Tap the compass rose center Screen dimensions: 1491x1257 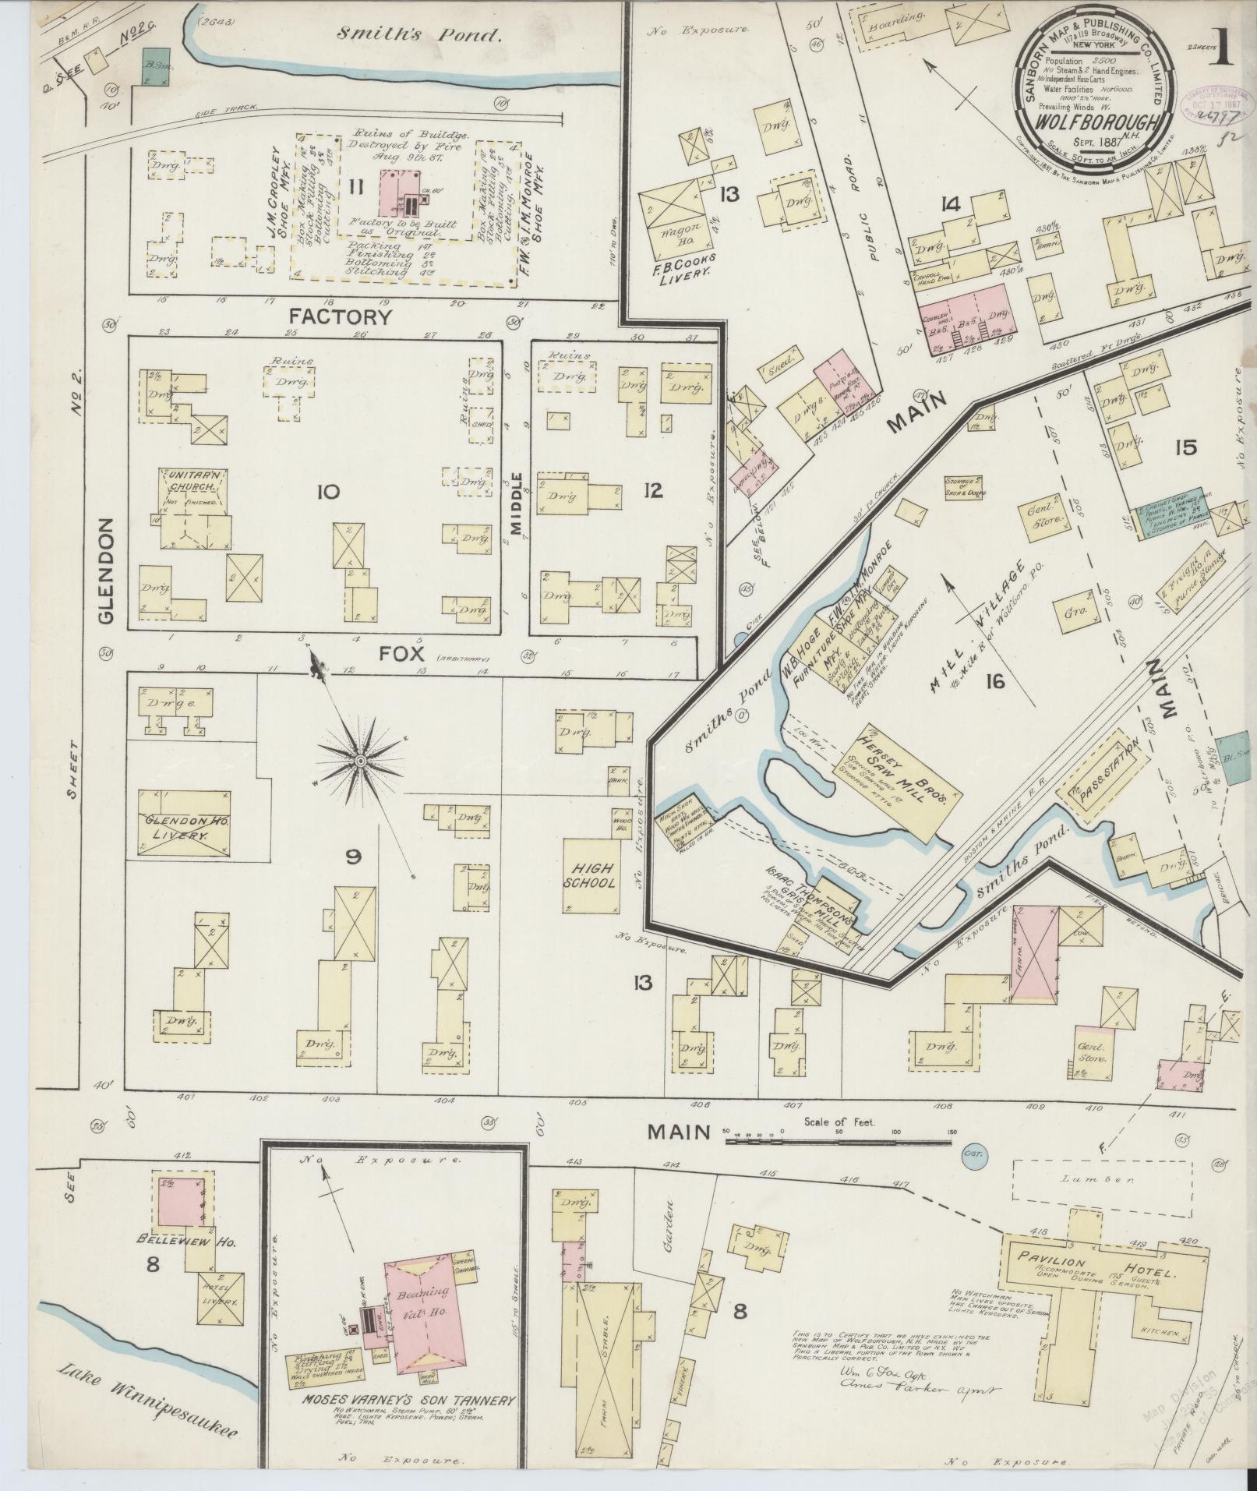pyautogui.click(x=360, y=760)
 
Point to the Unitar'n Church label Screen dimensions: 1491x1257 pyautogui.click(x=190, y=486)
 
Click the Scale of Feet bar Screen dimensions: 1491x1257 pyautogui.click(x=839, y=1142)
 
